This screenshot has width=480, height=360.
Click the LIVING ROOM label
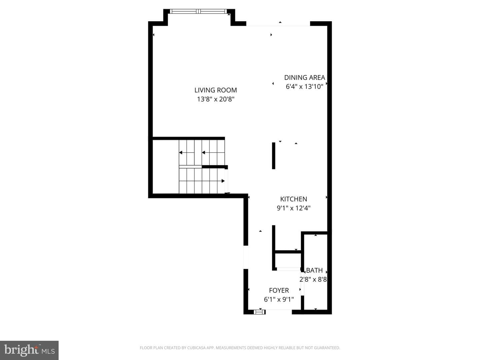pyautogui.click(x=216, y=90)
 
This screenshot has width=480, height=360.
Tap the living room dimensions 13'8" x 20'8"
pyautogui.click(x=216, y=99)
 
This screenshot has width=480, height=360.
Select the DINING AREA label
pyautogui.click(x=304, y=78)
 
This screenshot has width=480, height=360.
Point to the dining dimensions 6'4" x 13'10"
pyautogui.click(x=304, y=87)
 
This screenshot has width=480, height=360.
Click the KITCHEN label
pyautogui.click(x=293, y=199)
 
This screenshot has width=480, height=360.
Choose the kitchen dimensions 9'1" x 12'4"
pyautogui.click(x=293, y=208)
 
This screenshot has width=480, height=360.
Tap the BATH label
pyautogui.click(x=314, y=271)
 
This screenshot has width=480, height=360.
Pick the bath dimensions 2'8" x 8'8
pyautogui.click(x=313, y=279)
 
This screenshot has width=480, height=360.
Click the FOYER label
pyautogui.click(x=279, y=290)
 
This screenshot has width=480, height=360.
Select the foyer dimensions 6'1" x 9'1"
pyautogui.click(x=279, y=299)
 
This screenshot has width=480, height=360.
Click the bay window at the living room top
pyautogui.click(x=199, y=11)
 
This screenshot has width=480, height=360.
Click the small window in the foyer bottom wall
pyautogui.click(x=259, y=312)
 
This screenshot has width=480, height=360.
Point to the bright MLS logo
pyautogui.click(x=29, y=350)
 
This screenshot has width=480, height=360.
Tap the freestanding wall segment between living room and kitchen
pyautogui.click(x=273, y=156)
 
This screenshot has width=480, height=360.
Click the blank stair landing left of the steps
pyautogui.click(x=166, y=167)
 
